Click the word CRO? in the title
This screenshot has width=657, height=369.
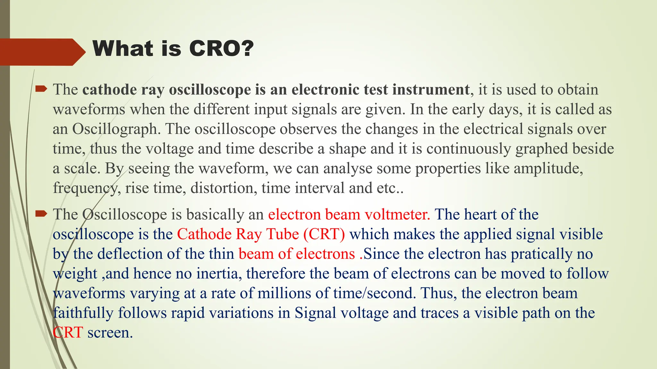(221, 49)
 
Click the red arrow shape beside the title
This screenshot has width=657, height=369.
(42, 52)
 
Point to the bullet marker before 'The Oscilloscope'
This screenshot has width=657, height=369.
(41, 214)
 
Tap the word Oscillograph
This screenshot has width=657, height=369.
(115, 129)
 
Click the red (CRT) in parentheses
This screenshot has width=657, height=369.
(324, 234)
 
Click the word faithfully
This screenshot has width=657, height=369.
(83, 313)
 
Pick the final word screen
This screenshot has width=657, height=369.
(110, 333)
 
